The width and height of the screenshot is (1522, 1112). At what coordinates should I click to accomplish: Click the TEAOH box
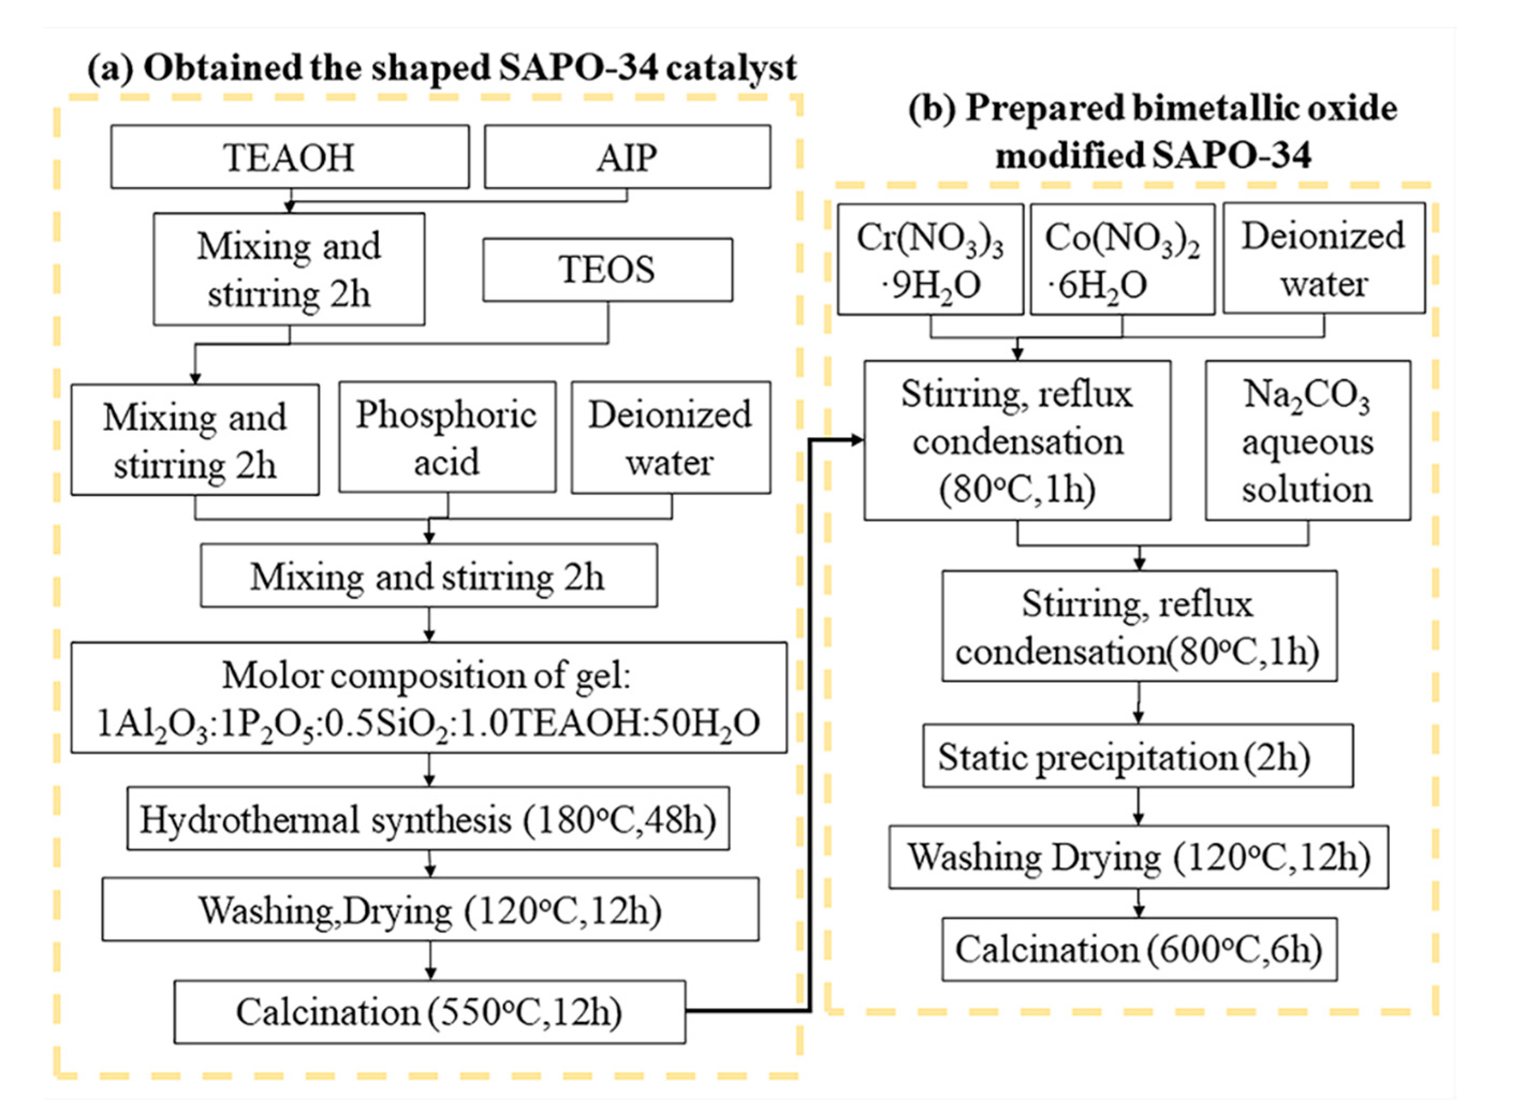coord(290,156)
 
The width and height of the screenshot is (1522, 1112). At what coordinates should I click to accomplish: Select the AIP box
coord(627,156)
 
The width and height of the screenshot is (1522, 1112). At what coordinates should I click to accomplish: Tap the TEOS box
coord(607,269)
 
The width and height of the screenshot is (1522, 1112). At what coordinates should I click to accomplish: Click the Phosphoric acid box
coord(447,438)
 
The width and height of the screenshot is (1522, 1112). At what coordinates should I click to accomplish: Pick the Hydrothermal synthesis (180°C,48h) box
coord(428,819)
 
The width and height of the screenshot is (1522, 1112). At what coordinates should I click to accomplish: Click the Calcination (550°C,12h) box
coord(430,1012)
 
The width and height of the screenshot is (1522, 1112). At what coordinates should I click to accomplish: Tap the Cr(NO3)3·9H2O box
coord(930,260)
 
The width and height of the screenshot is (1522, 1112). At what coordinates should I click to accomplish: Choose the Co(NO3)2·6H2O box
coord(1122,260)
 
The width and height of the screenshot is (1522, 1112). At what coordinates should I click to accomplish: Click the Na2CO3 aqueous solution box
coord(1307,440)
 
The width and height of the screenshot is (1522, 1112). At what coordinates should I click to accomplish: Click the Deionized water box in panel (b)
coord(1324,259)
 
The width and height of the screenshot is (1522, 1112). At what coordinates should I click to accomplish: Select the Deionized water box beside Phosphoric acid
coord(671,438)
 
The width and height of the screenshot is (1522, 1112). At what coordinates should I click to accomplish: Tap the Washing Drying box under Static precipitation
coord(1138,857)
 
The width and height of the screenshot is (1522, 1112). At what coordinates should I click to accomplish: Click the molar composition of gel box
coord(429,697)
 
